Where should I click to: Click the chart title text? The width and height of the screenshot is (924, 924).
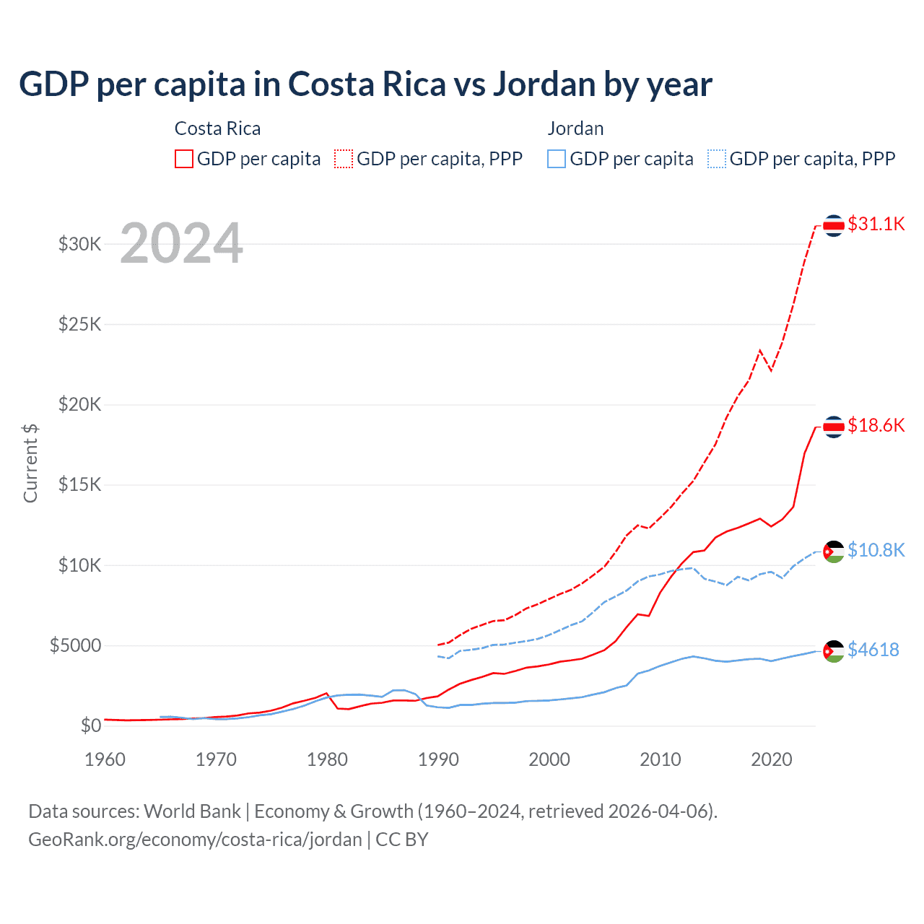pos(365,84)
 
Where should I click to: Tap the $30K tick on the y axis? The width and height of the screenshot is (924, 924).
pos(80,244)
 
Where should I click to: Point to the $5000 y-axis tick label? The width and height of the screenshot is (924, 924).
pos(75,645)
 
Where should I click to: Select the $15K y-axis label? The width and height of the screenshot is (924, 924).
pos(80,484)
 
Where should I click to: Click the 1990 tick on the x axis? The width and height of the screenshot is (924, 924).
pos(438,759)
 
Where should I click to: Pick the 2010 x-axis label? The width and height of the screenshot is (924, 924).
pos(661,759)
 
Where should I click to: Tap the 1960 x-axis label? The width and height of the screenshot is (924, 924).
pos(105,759)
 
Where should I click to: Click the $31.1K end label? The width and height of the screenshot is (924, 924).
pos(876,224)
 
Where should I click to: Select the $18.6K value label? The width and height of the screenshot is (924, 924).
pos(876,425)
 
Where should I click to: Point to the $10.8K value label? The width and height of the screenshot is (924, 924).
pos(876,550)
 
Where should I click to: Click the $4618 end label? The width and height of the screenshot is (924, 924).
pos(873,650)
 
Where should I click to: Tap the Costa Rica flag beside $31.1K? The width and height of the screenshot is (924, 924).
pos(834,226)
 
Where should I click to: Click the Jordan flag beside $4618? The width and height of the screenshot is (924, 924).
pos(834,651)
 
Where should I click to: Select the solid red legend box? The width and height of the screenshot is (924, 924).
pos(184,159)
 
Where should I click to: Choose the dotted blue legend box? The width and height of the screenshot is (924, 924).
pos(717,159)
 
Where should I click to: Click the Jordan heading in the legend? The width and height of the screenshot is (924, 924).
pos(575,128)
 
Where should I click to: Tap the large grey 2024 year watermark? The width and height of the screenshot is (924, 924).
pos(181,243)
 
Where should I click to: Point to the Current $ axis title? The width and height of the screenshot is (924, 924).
pos(30,463)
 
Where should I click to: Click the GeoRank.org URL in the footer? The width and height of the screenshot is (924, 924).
pos(195,840)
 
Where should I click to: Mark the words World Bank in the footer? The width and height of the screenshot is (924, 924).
pos(192,811)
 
